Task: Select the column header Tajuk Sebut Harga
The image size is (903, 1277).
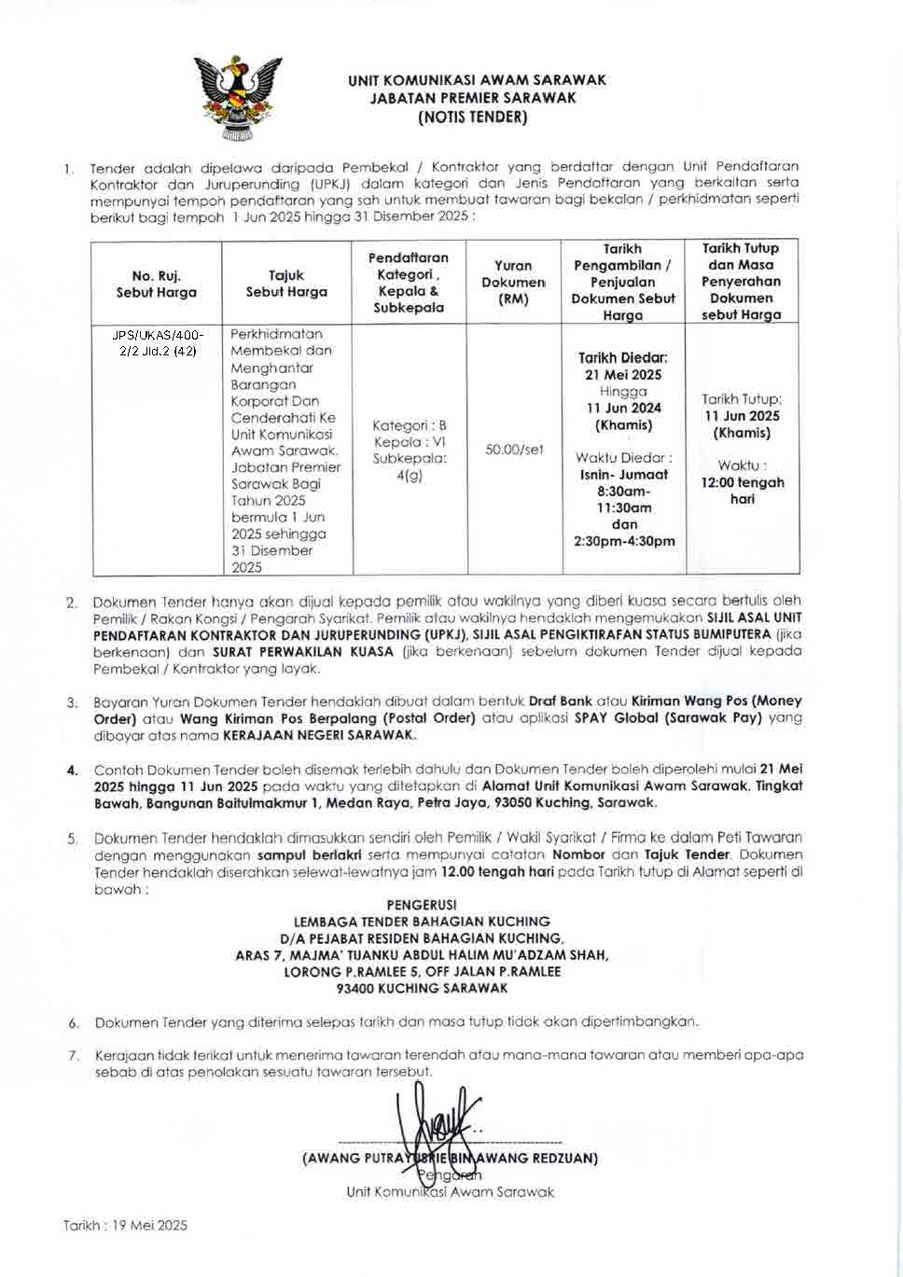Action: [286, 284]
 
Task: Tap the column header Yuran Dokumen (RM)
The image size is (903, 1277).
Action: [513, 282]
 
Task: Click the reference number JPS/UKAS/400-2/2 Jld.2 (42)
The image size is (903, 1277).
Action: [157, 342]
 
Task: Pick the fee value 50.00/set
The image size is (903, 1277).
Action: [514, 450]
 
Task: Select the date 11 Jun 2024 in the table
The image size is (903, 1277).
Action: [624, 408]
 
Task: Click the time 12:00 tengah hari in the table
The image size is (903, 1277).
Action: [743, 491]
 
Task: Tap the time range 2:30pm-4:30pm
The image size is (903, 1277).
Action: [624, 541]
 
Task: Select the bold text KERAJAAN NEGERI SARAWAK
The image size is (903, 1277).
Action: [319, 735]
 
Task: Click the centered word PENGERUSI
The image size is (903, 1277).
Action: [421, 904]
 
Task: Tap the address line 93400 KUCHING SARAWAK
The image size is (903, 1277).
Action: [422, 988]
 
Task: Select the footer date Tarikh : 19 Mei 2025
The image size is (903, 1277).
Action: [125, 1226]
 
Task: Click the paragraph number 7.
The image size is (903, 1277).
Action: [73, 1056]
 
